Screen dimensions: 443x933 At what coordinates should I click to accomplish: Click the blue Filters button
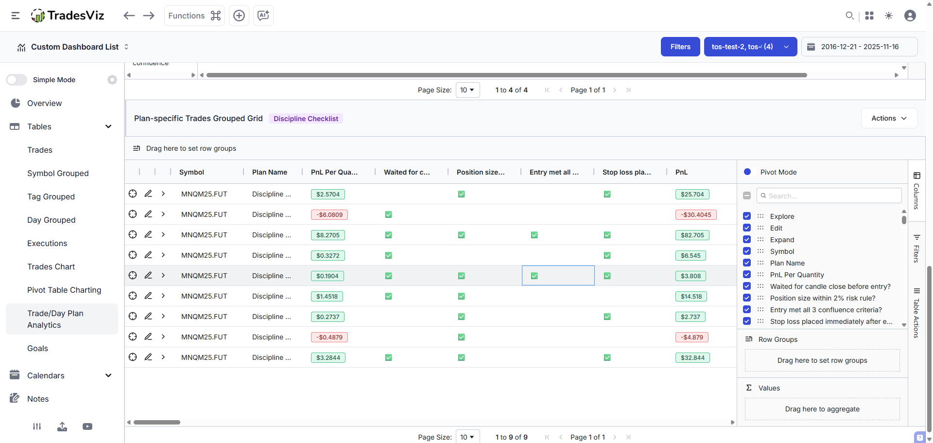(680, 47)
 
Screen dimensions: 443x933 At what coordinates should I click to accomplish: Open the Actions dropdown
(889, 118)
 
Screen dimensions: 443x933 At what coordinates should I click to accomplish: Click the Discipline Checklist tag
(306, 119)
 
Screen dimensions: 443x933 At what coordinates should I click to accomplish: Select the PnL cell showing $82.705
(692, 235)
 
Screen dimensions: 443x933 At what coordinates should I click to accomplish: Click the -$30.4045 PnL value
(695, 214)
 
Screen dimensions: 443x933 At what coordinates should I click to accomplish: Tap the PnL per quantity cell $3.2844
(328, 357)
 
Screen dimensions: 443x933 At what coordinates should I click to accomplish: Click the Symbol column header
(191, 172)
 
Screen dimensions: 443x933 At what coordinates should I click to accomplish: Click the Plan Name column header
(269, 172)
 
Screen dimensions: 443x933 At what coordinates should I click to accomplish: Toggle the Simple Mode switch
(17, 80)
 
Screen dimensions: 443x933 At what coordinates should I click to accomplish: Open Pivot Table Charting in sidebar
(64, 290)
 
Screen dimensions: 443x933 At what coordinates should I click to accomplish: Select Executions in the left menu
(47, 243)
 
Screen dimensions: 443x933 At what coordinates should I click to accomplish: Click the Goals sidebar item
(37, 348)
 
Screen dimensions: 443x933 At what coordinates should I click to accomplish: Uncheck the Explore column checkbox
(747, 216)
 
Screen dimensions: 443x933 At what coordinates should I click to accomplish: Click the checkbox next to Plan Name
(747, 263)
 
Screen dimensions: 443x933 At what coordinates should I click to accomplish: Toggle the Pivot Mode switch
(747, 172)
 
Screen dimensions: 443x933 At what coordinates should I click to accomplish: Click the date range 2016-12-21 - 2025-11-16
(859, 47)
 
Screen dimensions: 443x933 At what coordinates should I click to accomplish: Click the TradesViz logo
(68, 16)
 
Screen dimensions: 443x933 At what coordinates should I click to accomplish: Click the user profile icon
(910, 16)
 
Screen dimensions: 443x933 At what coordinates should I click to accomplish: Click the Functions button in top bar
(194, 16)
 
